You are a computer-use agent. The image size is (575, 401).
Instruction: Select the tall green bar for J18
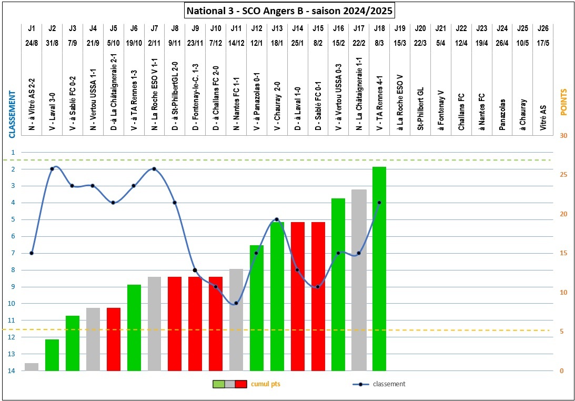379,268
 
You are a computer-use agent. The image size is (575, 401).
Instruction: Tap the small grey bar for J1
32,367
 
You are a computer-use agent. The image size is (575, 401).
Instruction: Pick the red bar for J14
297,296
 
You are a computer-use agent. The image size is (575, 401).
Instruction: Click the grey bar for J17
359,280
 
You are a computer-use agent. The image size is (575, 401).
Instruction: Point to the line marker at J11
236,303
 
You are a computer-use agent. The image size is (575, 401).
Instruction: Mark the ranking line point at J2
52,169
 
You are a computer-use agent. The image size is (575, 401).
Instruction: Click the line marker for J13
277,219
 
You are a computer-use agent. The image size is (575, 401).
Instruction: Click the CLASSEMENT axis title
11,113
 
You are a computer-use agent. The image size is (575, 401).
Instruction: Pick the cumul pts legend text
266,384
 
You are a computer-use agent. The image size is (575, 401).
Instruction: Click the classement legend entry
389,384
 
